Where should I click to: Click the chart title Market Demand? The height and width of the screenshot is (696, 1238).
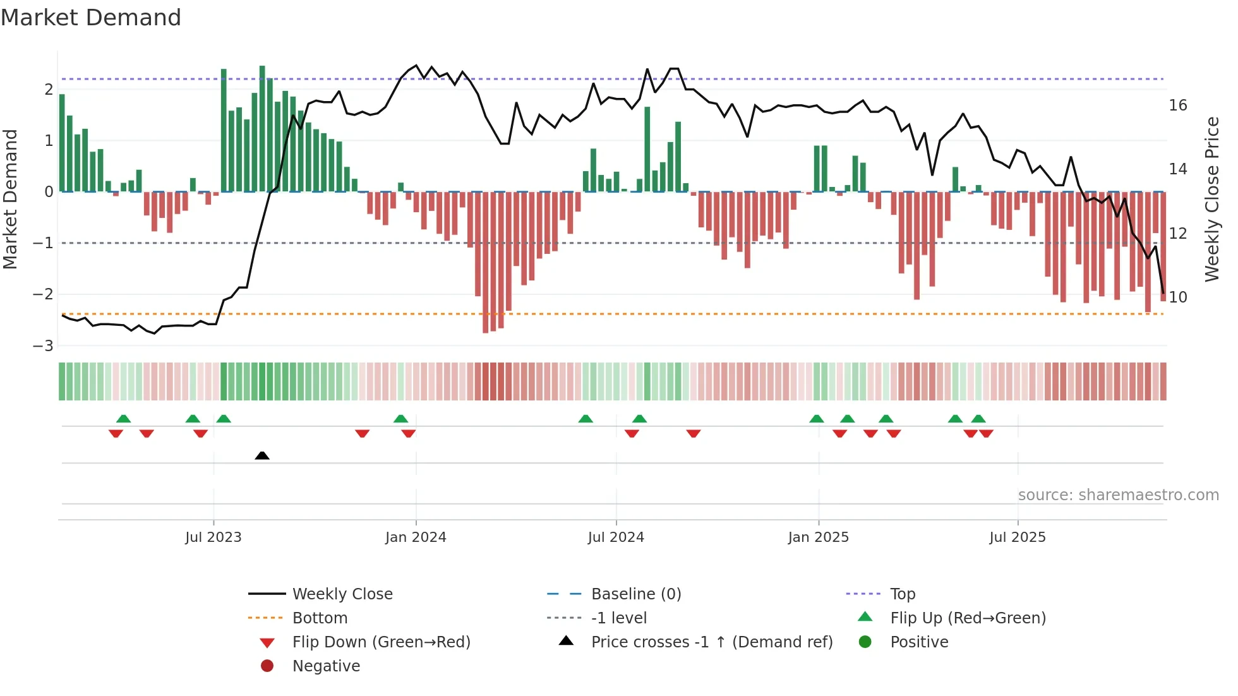91,18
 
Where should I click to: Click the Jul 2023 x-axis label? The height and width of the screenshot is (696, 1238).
213,537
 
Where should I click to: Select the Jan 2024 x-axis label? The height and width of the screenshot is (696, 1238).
416,537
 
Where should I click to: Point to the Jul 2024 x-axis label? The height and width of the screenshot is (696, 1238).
616,537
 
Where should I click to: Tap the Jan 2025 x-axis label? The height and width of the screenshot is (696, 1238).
818,537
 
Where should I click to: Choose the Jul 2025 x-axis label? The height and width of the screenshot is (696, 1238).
1018,537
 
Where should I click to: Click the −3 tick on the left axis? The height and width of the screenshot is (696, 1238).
44,346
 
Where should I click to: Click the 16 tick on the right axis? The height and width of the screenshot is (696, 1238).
1177,105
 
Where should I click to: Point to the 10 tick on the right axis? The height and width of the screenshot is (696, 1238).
1177,297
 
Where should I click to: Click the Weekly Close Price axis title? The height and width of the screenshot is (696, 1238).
1211,199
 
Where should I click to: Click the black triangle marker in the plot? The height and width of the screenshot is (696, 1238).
262,455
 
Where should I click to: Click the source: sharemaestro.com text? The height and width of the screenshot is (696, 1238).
1118,495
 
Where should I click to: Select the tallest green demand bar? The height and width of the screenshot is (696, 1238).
262,128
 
